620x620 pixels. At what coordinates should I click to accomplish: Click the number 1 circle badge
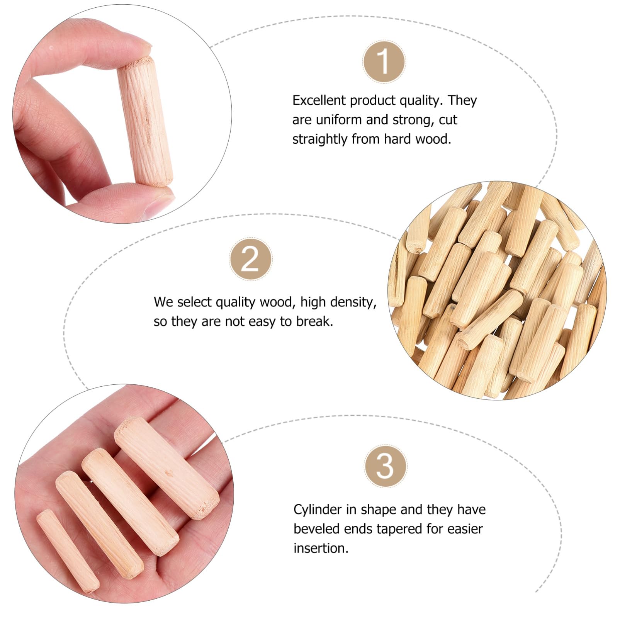point(384,61)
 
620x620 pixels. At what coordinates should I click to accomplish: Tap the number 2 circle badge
point(250,259)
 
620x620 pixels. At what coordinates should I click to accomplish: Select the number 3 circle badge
point(385,466)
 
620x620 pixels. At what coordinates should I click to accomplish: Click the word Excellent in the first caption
point(319,100)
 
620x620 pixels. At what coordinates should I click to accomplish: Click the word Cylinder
point(318,510)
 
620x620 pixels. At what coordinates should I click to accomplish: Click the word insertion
point(321,548)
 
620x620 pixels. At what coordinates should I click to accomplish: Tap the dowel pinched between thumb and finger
point(145,122)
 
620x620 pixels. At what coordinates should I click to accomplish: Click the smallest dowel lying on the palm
point(68,550)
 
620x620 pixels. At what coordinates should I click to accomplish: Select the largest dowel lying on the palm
point(166,467)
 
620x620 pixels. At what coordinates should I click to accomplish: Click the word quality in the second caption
point(236,302)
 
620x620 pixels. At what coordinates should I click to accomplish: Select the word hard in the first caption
point(397,139)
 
